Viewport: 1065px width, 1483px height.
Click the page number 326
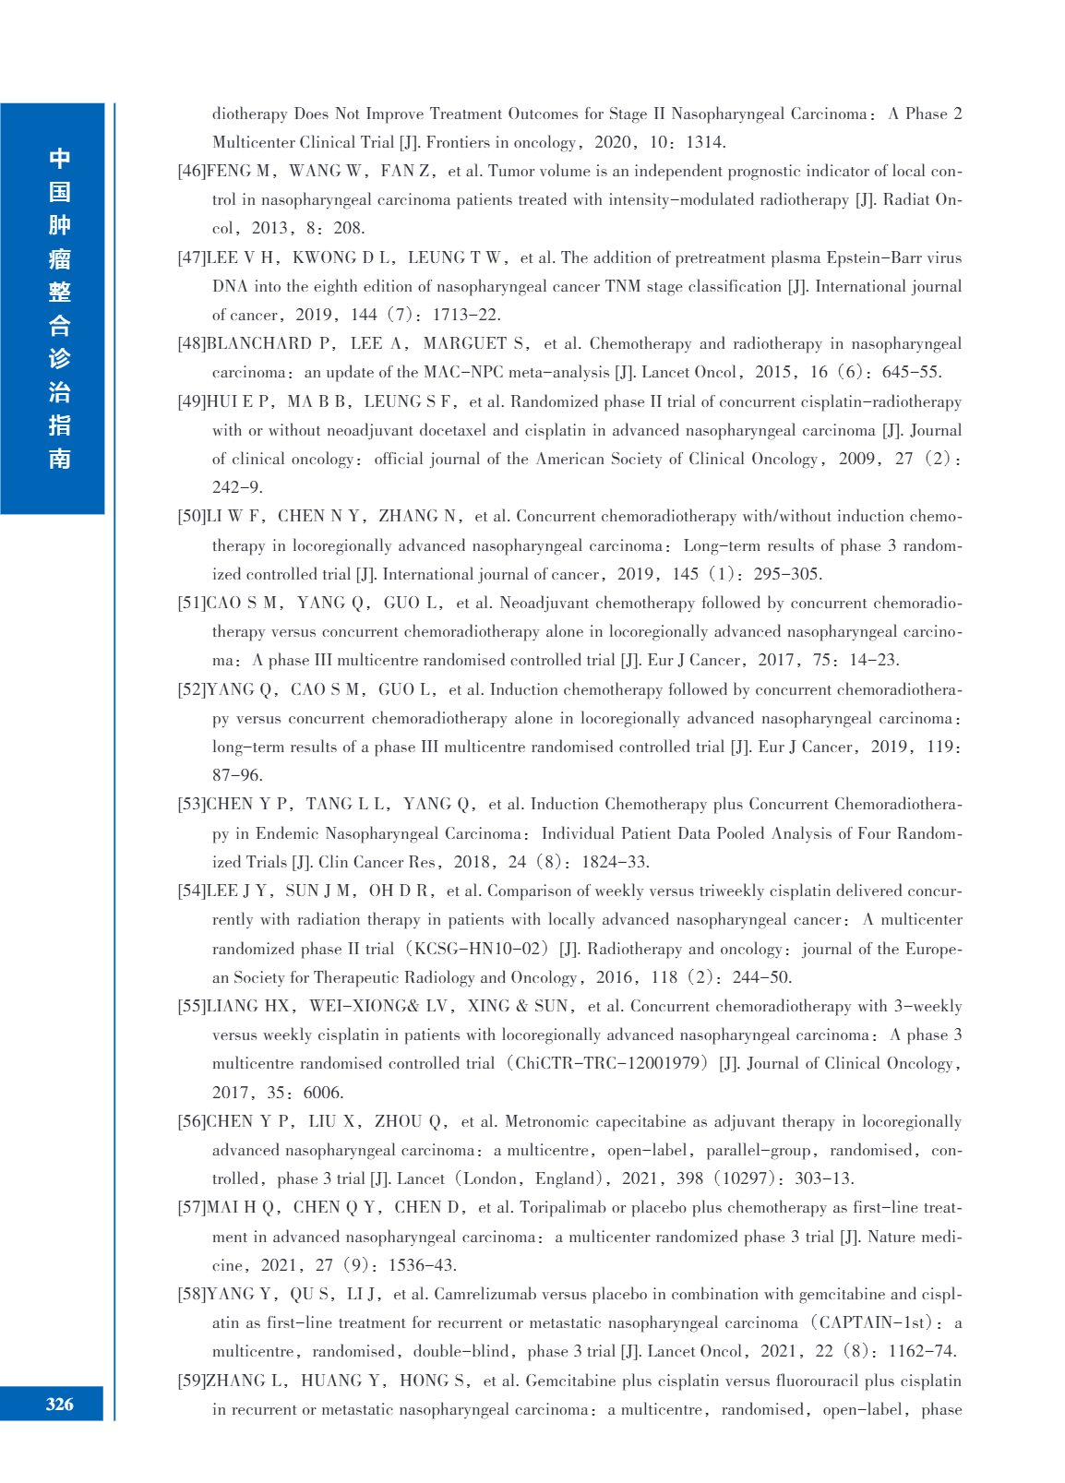click(59, 1404)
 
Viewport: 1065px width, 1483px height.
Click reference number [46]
click(191, 171)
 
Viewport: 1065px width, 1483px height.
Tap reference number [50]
click(191, 516)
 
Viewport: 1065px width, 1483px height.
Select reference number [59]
click(191, 1381)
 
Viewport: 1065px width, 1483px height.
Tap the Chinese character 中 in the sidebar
click(60, 159)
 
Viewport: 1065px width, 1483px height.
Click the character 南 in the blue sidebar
click(60, 459)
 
